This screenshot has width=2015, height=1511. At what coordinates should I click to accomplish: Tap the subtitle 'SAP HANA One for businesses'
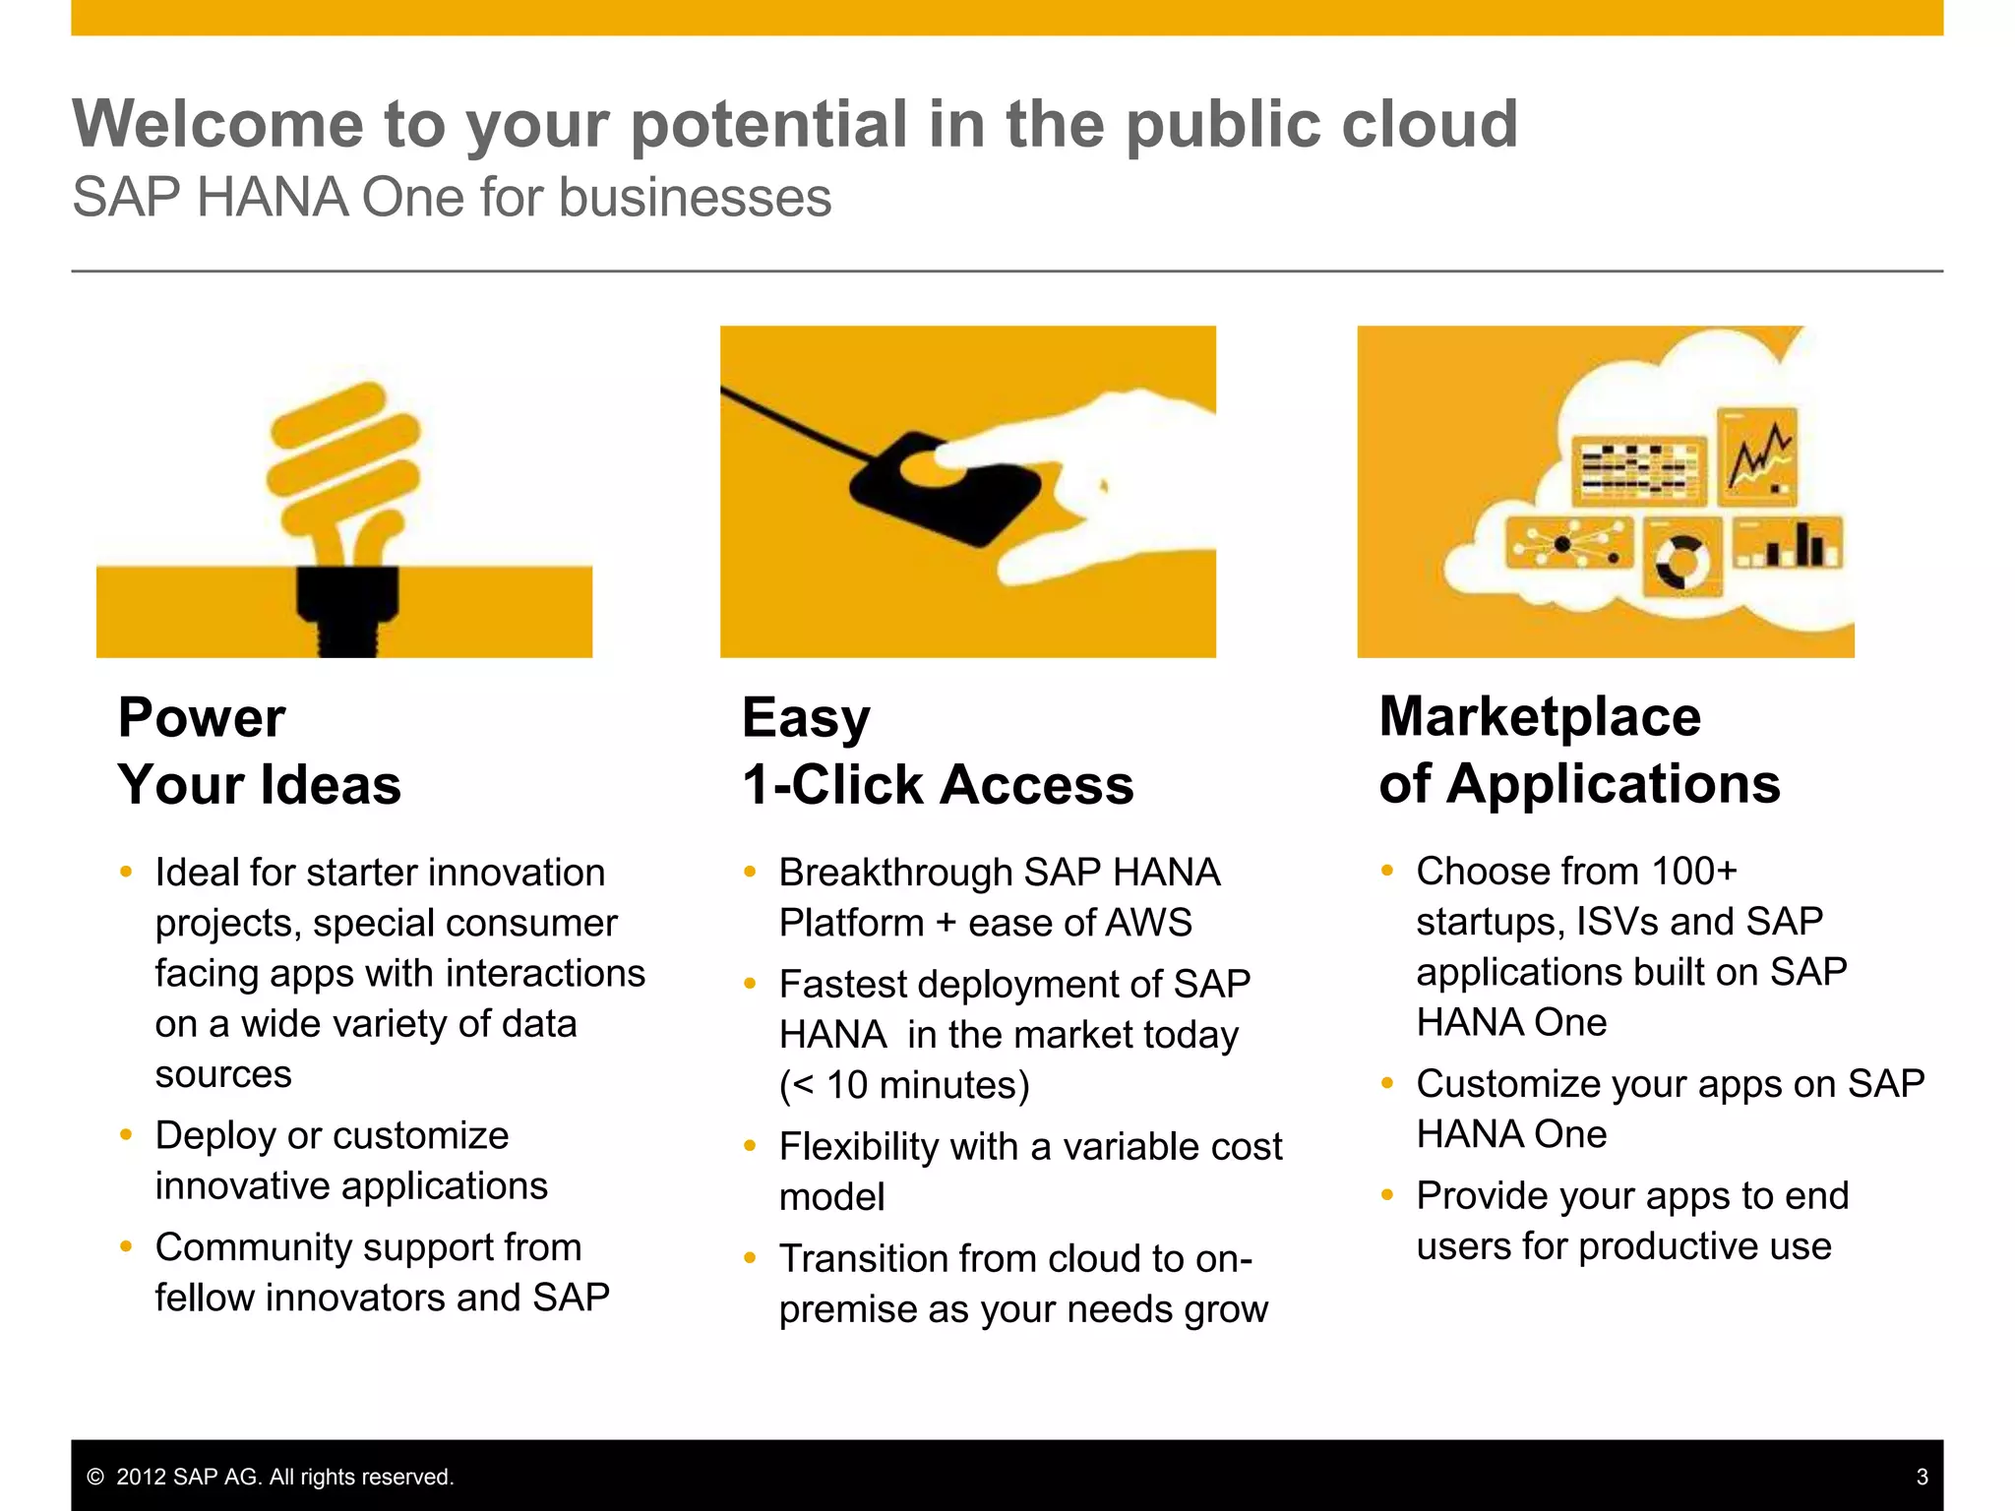(x=452, y=197)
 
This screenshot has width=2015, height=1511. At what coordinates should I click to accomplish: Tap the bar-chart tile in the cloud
(x=1788, y=543)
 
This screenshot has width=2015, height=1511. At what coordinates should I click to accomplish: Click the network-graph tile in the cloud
(x=1568, y=544)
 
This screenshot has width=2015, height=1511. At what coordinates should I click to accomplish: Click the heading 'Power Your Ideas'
(x=259, y=751)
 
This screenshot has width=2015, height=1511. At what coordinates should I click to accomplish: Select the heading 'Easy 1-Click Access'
(x=937, y=751)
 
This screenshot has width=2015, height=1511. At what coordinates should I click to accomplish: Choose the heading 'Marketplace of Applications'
(x=1578, y=750)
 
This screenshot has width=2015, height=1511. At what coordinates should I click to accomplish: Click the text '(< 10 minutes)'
(x=904, y=1085)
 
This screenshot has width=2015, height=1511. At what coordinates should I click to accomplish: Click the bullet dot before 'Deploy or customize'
(x=126, y=1135)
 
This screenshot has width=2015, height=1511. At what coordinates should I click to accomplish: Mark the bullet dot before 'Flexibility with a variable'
(x=750, y=1146)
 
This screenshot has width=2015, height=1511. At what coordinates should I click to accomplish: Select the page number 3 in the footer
(x=1922, y=1477)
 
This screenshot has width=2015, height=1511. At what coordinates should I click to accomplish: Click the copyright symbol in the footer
(x=95, y=1477)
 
